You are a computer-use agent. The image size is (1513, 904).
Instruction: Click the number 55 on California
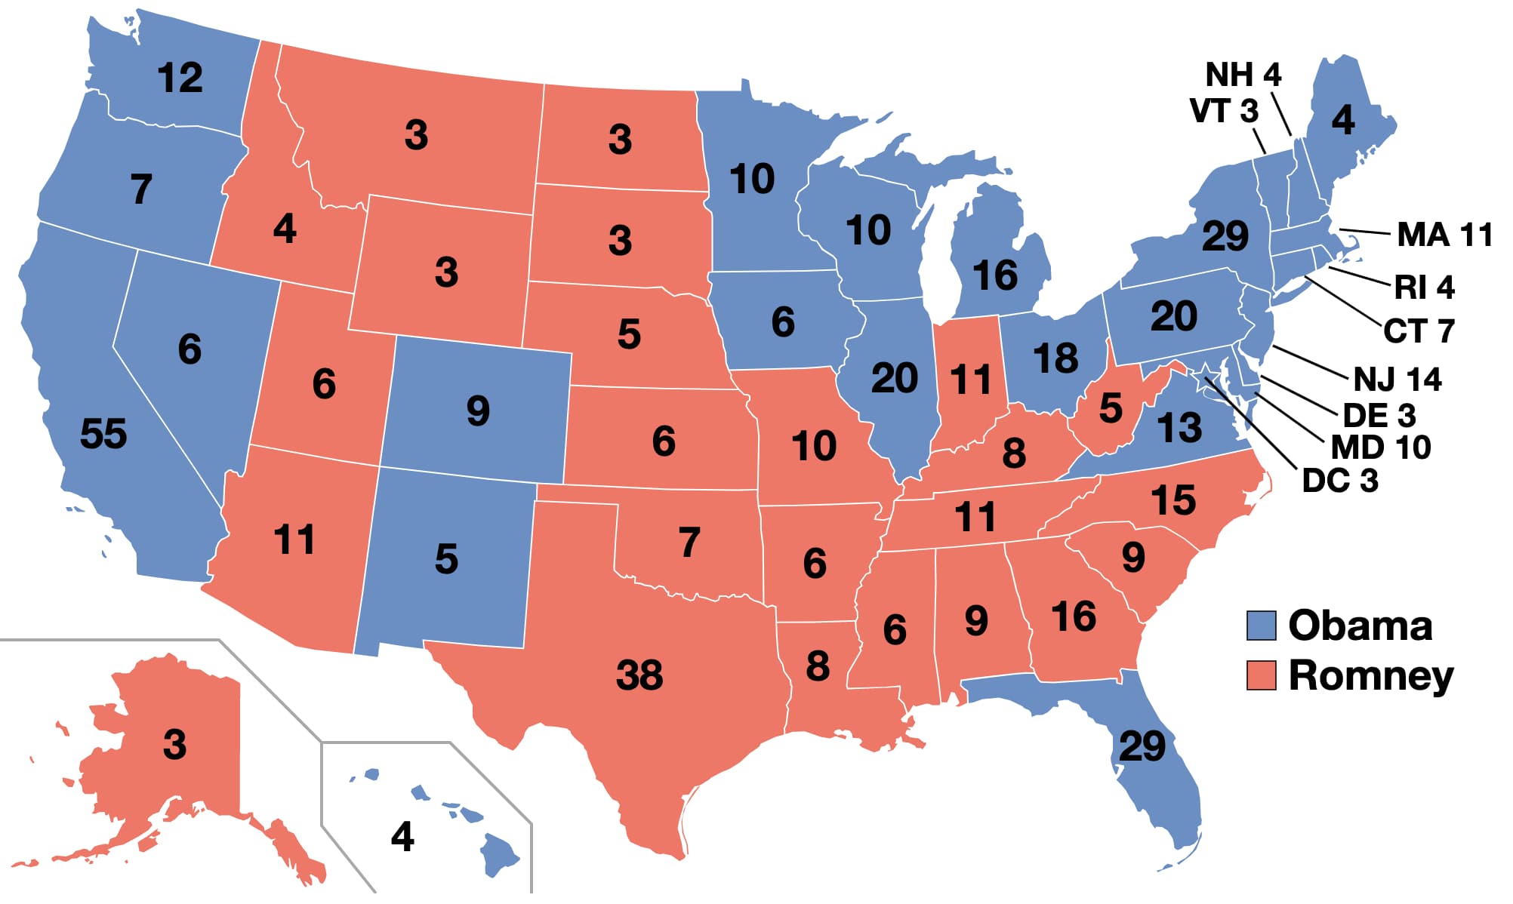pos(103,434)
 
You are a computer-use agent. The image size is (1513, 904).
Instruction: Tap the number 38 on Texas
pos(639,675)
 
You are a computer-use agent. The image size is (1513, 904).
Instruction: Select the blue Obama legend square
pos(1261,626)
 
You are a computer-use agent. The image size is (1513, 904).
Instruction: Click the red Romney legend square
pos(1261,675)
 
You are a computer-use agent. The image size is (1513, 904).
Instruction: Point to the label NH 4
pos(1243,75)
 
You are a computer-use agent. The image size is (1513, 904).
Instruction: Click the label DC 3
pos(1340,481)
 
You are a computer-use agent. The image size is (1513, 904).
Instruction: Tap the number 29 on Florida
pos(1142,746)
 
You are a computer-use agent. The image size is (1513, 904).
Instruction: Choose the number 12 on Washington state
pos(180,78)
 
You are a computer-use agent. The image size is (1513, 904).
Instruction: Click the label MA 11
pos(1444,235)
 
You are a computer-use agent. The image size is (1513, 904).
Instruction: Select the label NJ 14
pos(1397,379)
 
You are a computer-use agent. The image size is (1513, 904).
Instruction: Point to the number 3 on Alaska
pos(174,745)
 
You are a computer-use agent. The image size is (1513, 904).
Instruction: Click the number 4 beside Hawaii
pos(402,836)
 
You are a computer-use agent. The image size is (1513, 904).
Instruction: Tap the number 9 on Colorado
pos(478,411)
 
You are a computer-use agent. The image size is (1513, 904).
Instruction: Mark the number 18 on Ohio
pos(1055,358)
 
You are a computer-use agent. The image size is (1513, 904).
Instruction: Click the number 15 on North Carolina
pos(1172,500)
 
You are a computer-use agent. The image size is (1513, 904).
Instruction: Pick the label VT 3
pos(1224,111)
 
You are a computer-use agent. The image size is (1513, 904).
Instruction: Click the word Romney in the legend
pos(1370,675)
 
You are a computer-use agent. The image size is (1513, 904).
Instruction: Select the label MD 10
pos(1380,447)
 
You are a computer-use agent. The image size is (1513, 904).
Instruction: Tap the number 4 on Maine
pos(1342,120)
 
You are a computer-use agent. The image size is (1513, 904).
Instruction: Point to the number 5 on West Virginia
pos(1110,408)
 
